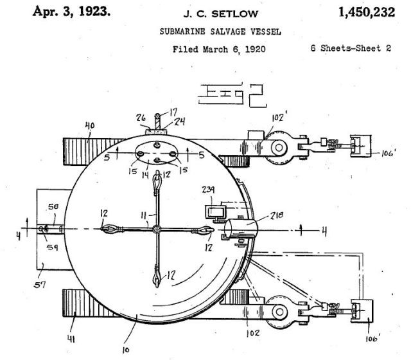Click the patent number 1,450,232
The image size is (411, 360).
[367, 12]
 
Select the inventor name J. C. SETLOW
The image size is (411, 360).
[221, 14]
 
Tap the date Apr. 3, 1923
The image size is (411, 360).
[71, 12]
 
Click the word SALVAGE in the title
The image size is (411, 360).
[228, 32]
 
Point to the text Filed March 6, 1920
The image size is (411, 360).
[219, 50]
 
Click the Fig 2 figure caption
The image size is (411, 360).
[232, 96]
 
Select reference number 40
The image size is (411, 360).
[90, 125]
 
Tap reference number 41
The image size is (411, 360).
[71, 339]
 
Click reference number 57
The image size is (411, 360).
[40, 285]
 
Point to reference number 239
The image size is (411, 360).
[208, 190]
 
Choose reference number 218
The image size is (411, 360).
[277, 215]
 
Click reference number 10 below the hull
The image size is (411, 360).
[126, 350]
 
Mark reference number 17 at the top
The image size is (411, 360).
[173, 113]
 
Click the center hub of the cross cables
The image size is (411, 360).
[157, 229]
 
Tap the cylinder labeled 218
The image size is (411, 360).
[240, 228]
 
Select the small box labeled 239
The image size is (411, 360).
[216, 212]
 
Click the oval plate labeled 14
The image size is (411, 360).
[157, 153]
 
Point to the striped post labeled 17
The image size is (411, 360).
[157, 122]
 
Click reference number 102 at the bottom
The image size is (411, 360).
[253, 333]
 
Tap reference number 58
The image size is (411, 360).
[53, 207]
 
